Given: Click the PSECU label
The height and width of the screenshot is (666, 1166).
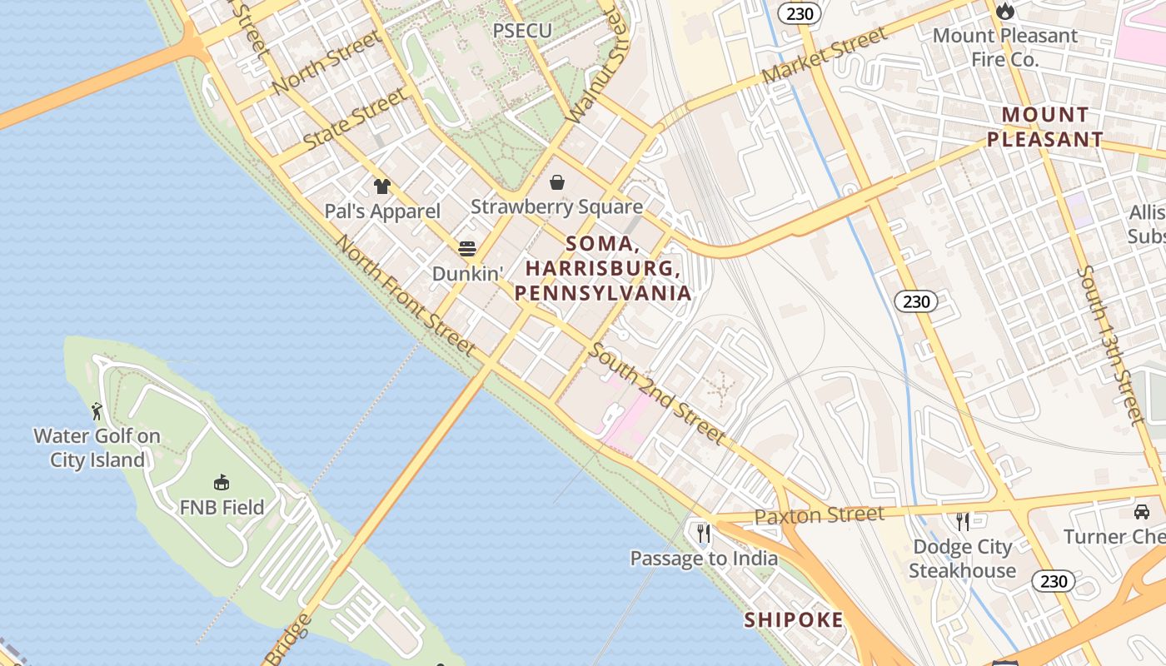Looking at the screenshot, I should point(522,31).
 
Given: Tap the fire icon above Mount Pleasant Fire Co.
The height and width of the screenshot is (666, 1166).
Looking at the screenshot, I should point(1005,12).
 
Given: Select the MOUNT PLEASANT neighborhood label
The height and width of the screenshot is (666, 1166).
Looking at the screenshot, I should point(1045,127).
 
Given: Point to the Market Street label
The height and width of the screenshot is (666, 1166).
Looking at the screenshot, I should point(824,56).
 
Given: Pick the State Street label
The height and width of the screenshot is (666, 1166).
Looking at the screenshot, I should point(356,119).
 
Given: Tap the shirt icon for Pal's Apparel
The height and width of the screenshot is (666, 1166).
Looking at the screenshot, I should point(382,186).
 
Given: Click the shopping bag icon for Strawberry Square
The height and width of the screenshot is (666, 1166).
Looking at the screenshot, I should point(556,181).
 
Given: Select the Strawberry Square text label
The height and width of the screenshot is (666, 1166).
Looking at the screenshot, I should point(556,206).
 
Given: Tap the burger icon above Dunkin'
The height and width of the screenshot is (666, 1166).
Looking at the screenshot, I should point(467,248).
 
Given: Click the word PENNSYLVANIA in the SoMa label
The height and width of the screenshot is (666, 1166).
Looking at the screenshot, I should point(603,293).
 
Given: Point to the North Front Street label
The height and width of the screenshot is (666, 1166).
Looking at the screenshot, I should point(405,296).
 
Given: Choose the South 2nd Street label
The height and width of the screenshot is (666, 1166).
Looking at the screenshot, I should point(656,393).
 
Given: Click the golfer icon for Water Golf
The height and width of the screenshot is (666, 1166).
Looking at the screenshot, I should point(97,411).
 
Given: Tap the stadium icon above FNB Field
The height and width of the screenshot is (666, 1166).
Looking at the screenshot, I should point(222,482).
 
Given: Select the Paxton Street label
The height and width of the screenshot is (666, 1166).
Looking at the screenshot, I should point(819,515).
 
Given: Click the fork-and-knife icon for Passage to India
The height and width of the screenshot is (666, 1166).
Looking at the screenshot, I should point(704,532).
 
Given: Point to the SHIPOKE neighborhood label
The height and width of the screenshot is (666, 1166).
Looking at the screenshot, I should point(793,619).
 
